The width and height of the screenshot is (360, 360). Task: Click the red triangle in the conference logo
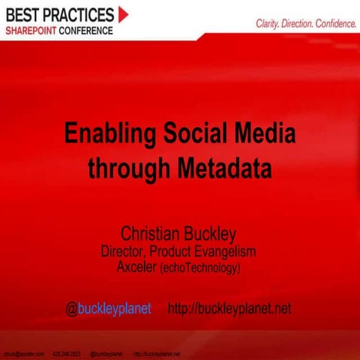(x=123, y=13)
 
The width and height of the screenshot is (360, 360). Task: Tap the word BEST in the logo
(x=25, y=13)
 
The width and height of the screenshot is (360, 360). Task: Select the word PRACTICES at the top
(x=80, y=13)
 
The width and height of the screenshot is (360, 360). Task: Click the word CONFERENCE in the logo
(x=88, y=30)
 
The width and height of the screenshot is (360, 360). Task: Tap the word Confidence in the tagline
(x=331, y=24)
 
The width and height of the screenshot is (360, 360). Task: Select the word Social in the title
(x=196, y=136)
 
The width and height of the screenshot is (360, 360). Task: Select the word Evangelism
(x=224, y=251)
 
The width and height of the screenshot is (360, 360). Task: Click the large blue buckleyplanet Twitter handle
(x=115, y=309)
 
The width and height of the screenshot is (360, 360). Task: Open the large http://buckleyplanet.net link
(x=229, y=309)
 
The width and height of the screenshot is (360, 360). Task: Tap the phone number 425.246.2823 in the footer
(x=67, y=352)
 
